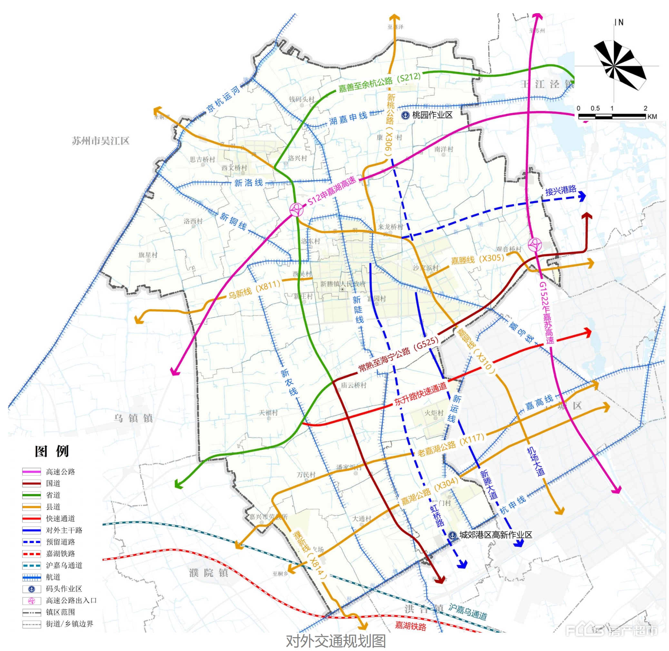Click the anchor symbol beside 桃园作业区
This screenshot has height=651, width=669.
(405, 115)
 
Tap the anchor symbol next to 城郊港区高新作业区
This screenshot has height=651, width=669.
(452, 535)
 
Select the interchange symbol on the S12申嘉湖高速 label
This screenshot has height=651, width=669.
(296, 210)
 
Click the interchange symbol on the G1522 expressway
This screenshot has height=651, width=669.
(535, 244)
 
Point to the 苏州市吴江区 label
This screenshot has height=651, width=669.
(101, 141)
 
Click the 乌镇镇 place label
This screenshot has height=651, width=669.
(133, 418)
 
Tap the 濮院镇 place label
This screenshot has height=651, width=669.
(209, 573)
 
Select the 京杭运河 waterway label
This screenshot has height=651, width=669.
(223, 100)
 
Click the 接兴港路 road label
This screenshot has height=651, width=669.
(561, 191)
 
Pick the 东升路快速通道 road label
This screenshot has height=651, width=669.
(420, 394)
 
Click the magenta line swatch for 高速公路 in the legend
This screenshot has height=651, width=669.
(32, 472)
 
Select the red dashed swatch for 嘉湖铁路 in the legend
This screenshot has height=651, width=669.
(32, 554)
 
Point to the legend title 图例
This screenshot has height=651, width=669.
(52, 451)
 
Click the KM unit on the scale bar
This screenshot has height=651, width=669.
(652, 117)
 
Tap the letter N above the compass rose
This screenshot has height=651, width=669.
(620, 23)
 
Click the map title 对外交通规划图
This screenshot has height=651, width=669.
(335, 641)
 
